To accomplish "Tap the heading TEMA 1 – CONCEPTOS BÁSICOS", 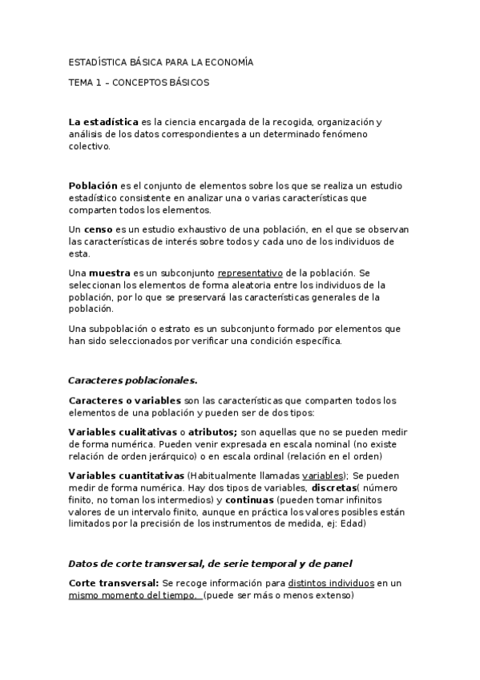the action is [x=139, y=82].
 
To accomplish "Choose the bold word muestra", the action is [x=109, y=273].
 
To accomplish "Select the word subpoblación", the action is [x=118, y=329].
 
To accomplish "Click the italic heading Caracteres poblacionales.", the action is [x=132, y=379].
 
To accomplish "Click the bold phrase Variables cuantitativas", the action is [x=126, y=476].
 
